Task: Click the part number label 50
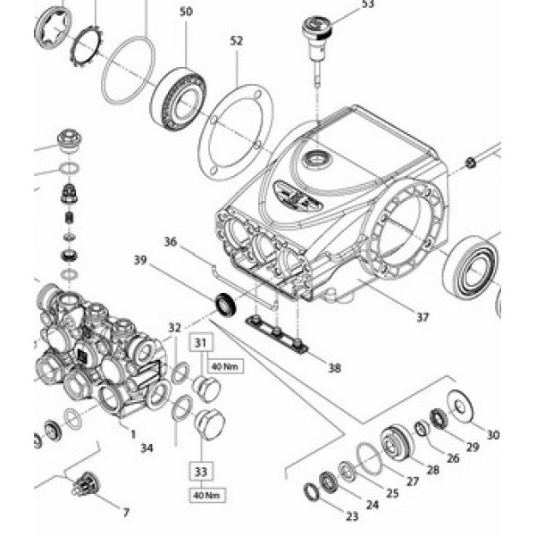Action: point(185,12)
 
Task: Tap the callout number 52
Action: point(236,41)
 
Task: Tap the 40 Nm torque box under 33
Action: point(205,494)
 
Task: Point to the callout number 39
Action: point(140,260)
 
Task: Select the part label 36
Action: point(172,241)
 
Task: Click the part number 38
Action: point(334,366)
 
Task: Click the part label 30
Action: point(493,435)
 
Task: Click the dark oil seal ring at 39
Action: point(225,301)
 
